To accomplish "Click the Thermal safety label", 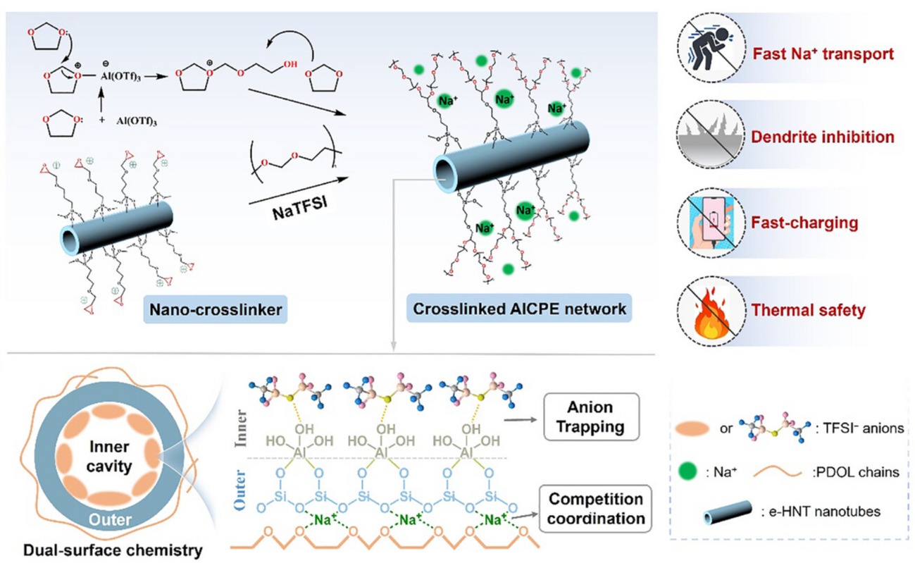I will tap(804, 309).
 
